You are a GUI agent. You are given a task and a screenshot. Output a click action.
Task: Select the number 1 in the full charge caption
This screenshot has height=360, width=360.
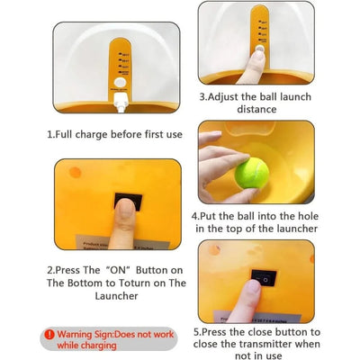(49, 134)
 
